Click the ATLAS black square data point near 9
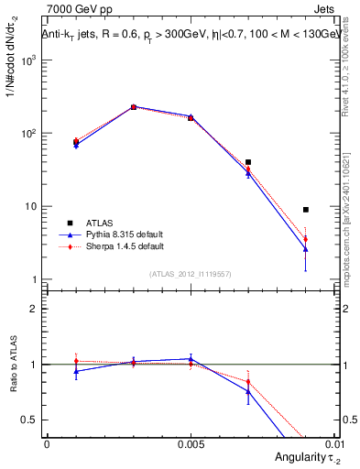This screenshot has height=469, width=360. (x=306, y=210)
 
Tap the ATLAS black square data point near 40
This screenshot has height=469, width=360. (x=248, y=162)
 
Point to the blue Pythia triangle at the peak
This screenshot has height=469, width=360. (x=133, y=107)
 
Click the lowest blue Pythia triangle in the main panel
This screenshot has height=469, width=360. (x=306, y=249)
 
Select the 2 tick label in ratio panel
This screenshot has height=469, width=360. (x=34, y=309)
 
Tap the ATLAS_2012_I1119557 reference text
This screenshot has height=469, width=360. (x=191, y=274)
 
